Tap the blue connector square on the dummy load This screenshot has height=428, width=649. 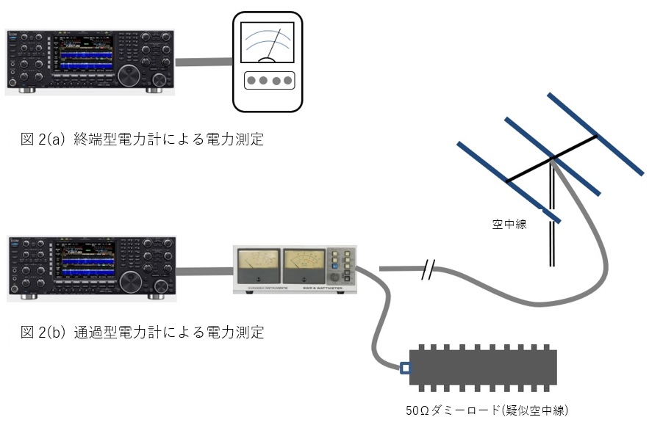coord(405,367)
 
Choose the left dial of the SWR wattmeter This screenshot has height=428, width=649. coord(257,261)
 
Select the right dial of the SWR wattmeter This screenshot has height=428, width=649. coord(303,261)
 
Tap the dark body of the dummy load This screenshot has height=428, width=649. coord(482,367)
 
